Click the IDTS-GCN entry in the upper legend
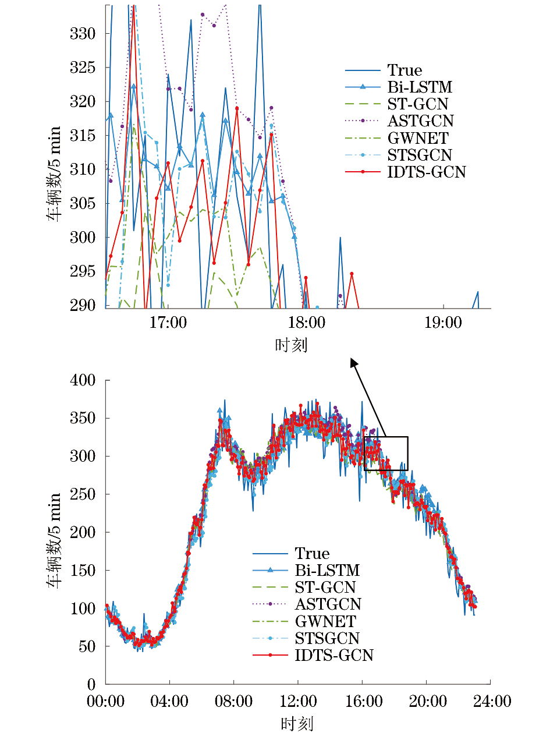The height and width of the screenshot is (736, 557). tap(426, 172)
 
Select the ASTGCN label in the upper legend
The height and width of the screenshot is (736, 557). tap(420, 121)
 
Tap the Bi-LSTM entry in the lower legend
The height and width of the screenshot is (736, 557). tap(327, 570)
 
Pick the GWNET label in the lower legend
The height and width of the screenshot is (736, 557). tap(325, 621)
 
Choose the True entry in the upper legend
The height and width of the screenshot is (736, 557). tap(405, 70)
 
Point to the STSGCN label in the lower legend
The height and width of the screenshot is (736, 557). tap(327, 638)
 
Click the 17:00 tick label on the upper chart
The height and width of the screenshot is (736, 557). tap(168, 323)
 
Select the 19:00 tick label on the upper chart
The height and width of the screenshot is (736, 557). tap(443, 323)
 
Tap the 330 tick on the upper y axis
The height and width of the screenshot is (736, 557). tap(83, 34)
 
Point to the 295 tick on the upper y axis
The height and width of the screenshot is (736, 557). tap(83, 271)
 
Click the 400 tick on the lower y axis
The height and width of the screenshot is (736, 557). tap(83, 380)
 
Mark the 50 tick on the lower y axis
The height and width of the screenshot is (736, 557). tap(87, 646)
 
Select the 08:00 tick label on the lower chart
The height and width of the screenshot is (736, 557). tap(233, 701)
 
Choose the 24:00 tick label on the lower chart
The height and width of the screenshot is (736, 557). tap(492, 701)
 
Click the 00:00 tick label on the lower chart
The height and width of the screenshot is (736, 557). tap(105, 701)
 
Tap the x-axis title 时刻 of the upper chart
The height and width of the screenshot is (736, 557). tap(290, 345)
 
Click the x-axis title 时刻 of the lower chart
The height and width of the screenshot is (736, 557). tap(297, 724)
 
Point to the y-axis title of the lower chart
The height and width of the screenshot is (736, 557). tap(54, 540)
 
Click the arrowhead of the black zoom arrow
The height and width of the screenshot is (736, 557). tap(353, 363)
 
